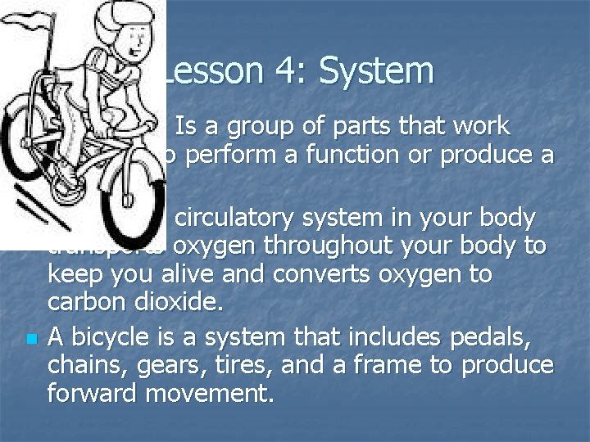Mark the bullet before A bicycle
29,338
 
